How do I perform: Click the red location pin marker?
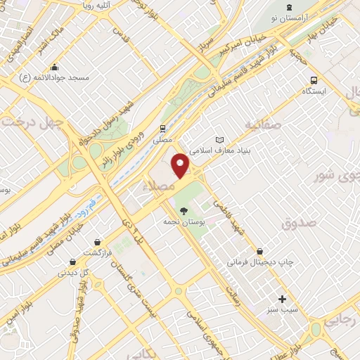point(181,165)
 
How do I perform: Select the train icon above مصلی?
point(163,129)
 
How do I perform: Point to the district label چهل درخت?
point(32,121)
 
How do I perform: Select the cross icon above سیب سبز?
point(283,299)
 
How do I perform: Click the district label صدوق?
point(300,223)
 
